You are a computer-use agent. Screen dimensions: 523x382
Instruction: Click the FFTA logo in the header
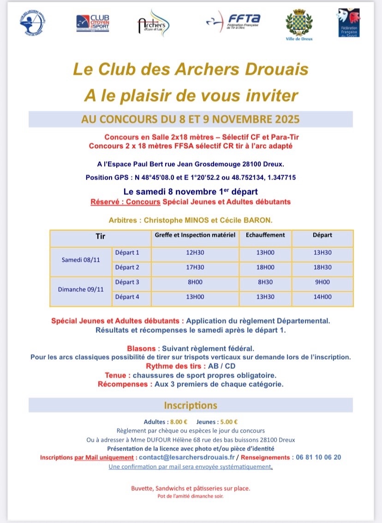234,21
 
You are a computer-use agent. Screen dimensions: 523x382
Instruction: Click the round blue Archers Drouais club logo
32,22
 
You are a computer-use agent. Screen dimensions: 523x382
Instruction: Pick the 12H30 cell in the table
195,252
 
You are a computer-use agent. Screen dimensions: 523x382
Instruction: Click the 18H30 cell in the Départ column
322,267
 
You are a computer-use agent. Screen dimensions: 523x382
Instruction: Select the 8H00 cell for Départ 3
195,282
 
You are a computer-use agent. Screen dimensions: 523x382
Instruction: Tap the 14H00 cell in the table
322,297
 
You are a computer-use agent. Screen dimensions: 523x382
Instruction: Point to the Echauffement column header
265,235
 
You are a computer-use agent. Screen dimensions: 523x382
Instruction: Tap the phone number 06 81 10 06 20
317,457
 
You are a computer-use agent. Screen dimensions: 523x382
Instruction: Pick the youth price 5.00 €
229,421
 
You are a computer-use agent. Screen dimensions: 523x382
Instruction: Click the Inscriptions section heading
191,405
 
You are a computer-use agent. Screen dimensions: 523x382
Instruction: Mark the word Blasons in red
142,348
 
